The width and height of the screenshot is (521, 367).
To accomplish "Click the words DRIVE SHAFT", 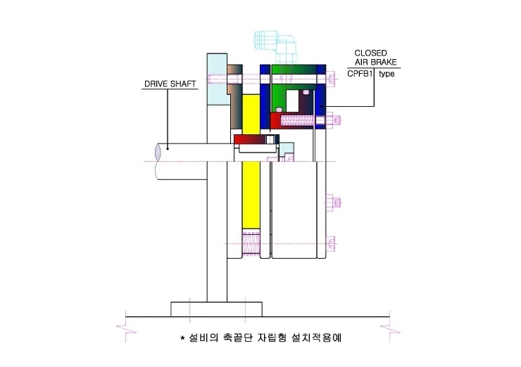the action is point(170,84).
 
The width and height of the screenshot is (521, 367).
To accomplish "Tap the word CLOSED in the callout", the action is point(370,53).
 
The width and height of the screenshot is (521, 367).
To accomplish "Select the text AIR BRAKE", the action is point(375,62).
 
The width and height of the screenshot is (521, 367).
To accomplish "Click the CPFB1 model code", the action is point(360,74).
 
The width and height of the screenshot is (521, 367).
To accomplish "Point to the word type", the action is point(387,74).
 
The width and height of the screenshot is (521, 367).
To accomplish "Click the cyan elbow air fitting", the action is point(275,46).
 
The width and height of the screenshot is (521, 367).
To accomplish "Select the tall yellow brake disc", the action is point(251,162).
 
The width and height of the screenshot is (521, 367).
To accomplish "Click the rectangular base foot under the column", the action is point(216,309).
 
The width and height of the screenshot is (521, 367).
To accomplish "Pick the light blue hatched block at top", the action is point(217,79).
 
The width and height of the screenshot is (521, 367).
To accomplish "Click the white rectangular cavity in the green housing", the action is point(292,101).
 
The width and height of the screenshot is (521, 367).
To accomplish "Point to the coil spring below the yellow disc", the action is point(251,243).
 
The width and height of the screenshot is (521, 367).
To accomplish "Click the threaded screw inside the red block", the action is point(297,120).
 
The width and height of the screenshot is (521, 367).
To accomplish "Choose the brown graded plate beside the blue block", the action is point(235,96).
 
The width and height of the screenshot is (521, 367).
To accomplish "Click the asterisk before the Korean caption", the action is point(182,337).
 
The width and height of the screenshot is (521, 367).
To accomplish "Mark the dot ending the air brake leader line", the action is point(320,106).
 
